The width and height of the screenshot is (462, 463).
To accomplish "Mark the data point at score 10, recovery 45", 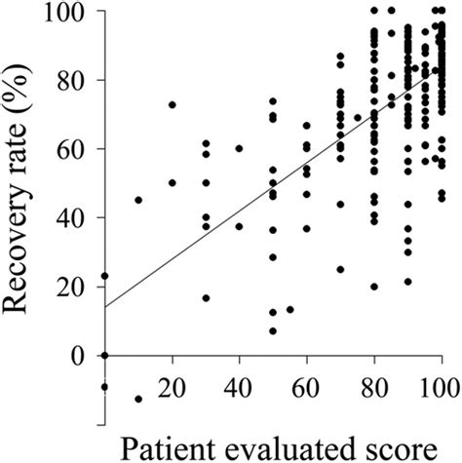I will (x=138, y=200).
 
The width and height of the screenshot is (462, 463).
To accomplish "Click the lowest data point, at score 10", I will (x=138, y=399).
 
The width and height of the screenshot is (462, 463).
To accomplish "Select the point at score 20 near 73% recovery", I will (x=173, y=104).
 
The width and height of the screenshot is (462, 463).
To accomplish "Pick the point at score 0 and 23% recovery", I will (x=105, y=276).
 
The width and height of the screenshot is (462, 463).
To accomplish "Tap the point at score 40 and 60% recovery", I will (x=240, y=148).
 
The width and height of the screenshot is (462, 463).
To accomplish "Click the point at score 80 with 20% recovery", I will (x=374, y=287).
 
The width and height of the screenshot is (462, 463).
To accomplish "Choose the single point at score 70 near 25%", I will (x=340, y=269).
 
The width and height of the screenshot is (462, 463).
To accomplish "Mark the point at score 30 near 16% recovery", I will (x=206, y=298).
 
